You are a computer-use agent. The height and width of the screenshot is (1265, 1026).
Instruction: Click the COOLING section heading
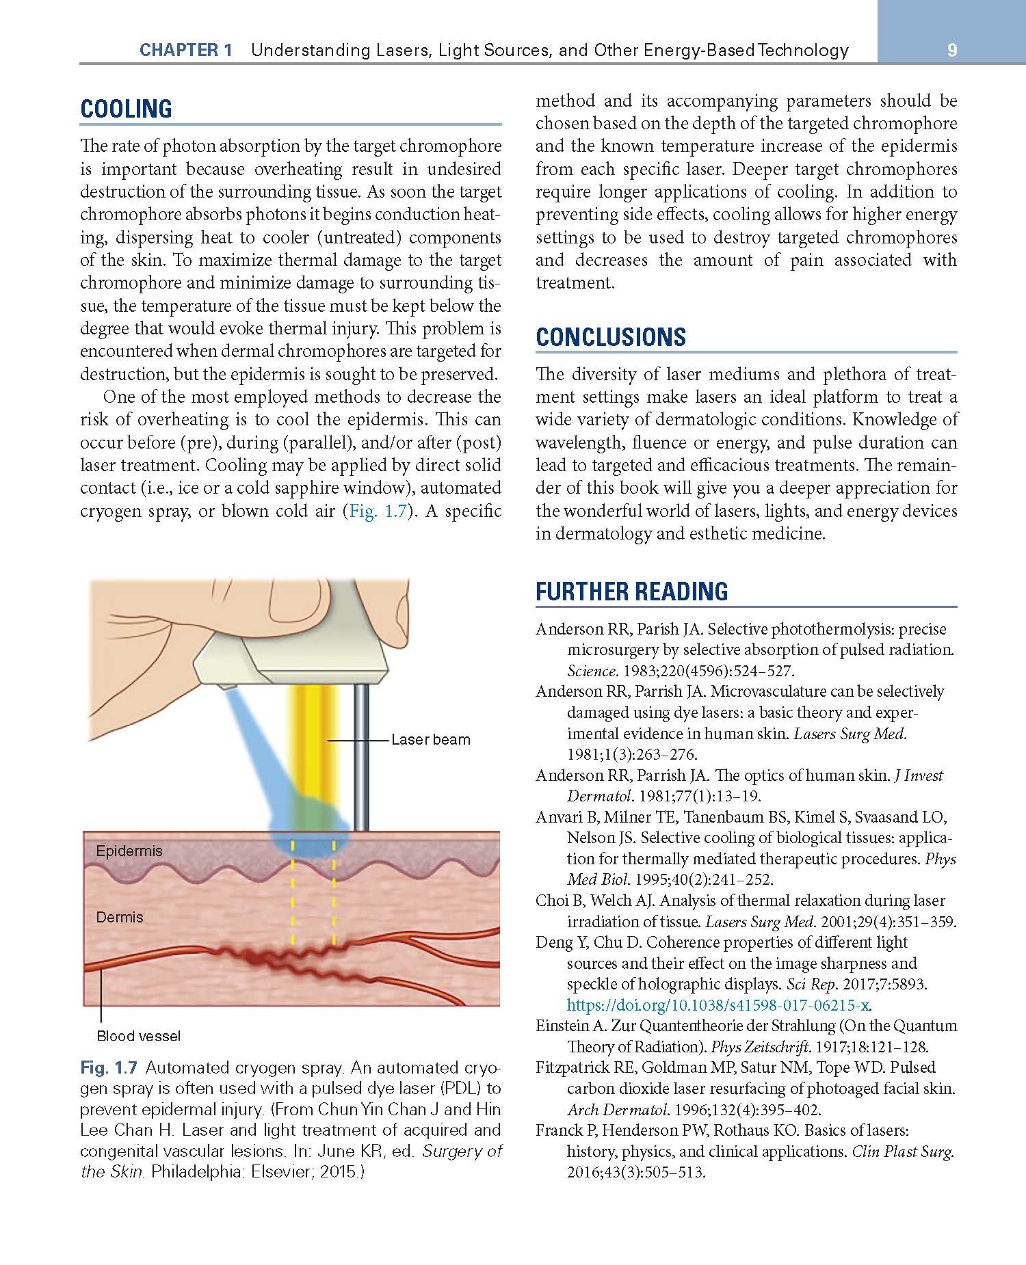[126, 109]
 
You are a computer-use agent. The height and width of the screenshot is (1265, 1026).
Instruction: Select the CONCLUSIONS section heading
[610, 337]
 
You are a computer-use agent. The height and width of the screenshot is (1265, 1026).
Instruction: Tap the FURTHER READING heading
[631, 591]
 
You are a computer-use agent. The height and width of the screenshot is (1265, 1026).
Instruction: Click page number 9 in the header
[951, 50]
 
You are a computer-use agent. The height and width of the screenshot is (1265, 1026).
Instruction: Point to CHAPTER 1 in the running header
[185, 50]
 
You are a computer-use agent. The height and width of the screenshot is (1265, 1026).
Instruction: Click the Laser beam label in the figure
[430, 740]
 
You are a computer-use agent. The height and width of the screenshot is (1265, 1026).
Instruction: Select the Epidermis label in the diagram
[129, 851]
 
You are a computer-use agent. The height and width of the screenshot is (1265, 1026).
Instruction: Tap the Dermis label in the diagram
[120, 917]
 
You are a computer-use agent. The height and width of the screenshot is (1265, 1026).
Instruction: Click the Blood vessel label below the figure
[139, 1036]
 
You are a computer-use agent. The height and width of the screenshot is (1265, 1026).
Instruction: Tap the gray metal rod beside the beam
[362, 752]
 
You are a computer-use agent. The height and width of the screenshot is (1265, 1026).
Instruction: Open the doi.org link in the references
[718, 1005]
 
